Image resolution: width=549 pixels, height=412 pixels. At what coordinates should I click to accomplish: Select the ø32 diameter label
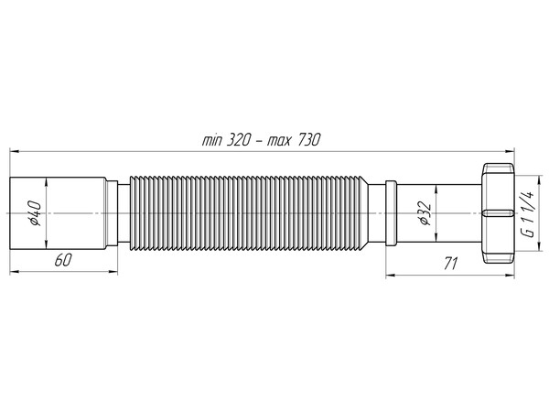tap(424, 214)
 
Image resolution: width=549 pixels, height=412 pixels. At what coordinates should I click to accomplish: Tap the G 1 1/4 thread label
tap(527, 213)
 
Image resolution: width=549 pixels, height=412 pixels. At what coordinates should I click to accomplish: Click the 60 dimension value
tap(63, 261)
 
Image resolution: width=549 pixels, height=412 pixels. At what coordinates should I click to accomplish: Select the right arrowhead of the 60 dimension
tap(114, 271)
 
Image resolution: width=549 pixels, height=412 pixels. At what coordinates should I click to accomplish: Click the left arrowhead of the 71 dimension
tap(389, 272)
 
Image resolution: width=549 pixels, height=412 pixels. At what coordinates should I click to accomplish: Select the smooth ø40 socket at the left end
tap(59, 212)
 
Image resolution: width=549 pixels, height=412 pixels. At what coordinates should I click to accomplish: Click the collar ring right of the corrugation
tap(390, 212)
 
